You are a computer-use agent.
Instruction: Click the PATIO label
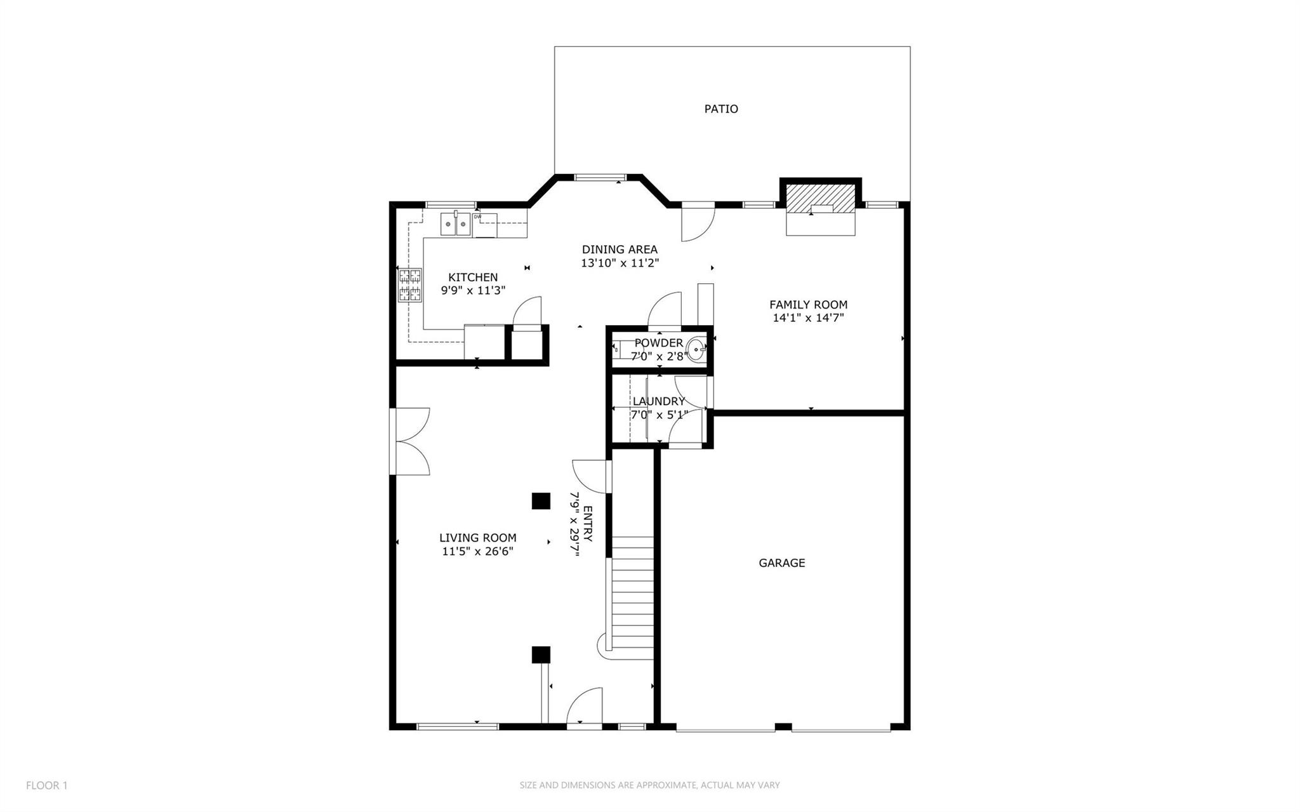coord(721,109)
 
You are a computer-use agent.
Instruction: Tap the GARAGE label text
coord(781,562)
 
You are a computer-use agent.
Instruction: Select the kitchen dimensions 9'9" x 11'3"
coord(473,290)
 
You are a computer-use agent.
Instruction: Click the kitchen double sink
coord(455,223)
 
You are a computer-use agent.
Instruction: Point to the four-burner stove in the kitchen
coord(410,284)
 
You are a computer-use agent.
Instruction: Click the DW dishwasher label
coord(478,216)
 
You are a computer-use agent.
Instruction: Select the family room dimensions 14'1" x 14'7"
coord(808,318)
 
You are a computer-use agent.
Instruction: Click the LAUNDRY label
coord(659,401)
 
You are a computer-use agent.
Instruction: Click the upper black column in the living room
coord(540,500)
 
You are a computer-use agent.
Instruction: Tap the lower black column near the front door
coord(540,655)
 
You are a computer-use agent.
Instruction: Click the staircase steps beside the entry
coord(632,597)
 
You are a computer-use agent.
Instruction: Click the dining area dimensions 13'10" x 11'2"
coord(620,263)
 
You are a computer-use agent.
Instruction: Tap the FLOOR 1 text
coord(47,785)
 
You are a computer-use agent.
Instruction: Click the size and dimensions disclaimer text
coord(649,785)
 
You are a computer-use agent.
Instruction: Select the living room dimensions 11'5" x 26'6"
coord(477,551)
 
